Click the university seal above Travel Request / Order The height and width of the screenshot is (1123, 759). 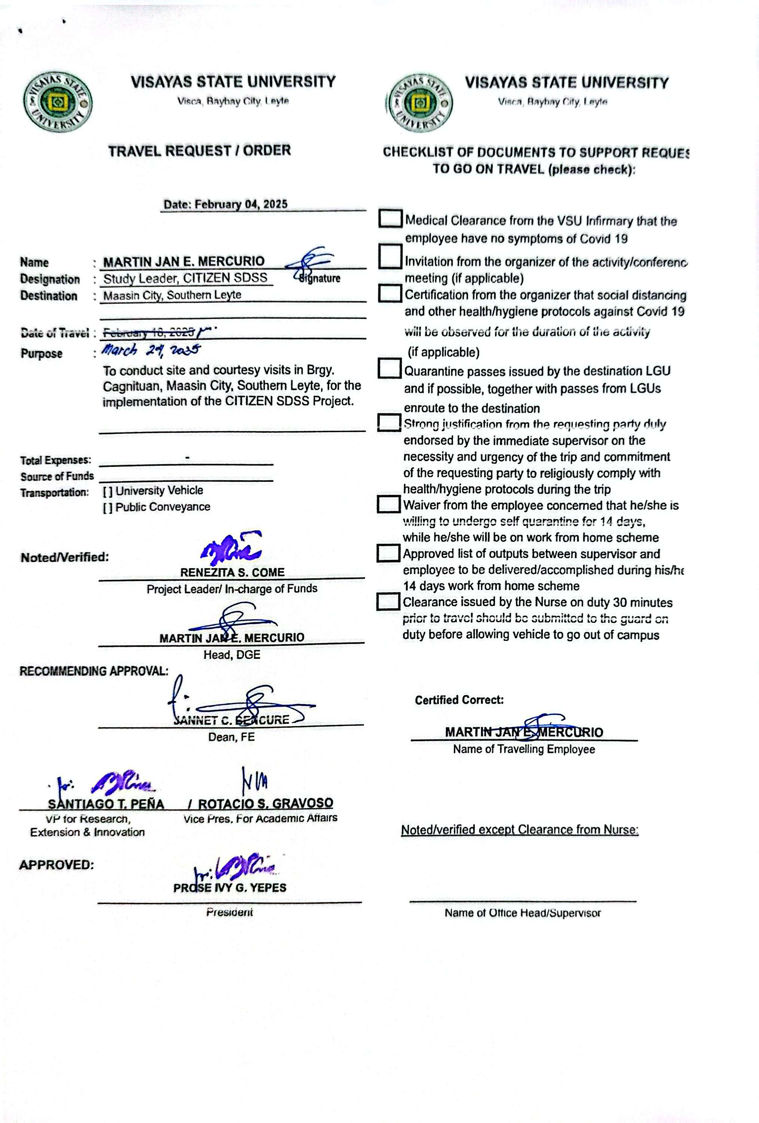click(x=58, y=103)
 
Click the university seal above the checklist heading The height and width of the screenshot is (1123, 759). click(x=420, y=103)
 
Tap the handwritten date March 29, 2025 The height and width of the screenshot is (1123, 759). click(x=151, y=350)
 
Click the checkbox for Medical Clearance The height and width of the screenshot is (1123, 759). click(x=390, y=218)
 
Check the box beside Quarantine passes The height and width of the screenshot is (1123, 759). click(x=389, y=369)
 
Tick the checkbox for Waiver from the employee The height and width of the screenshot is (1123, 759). click(x=388, y=505)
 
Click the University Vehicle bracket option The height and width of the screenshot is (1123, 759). click(x=108, y=491)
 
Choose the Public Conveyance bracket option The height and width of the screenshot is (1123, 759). click(x=108, y=507)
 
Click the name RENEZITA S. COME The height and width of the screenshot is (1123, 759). click(x=232, y=573)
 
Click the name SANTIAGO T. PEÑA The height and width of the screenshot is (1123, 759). click(x=106, y=804)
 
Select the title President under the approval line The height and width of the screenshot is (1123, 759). click(x=229, y=912)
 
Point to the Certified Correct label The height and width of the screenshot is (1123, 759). click(x=459, y=700)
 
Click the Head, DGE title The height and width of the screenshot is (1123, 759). click(x=232, y=655)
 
